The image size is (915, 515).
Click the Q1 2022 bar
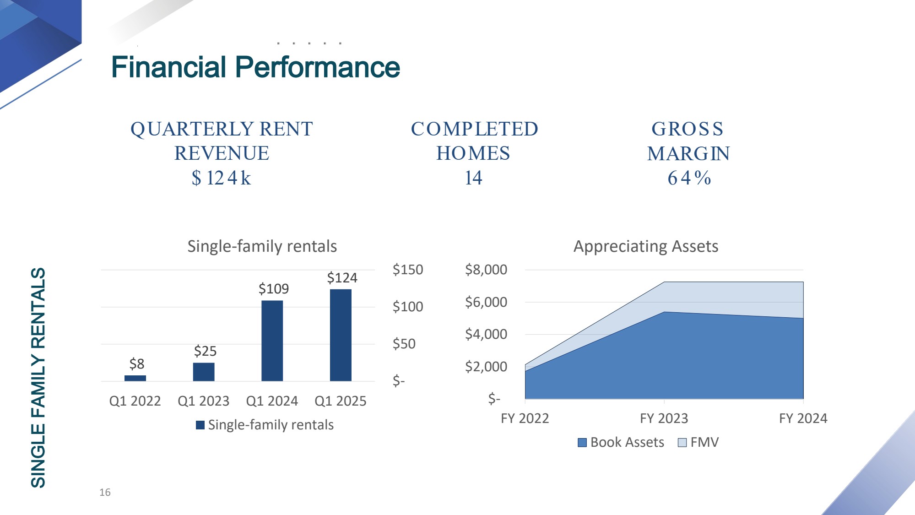pos(135,378)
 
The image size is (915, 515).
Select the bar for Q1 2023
pos(204,372)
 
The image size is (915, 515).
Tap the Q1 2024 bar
pos(272,341)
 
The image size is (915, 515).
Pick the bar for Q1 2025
pos(341,335)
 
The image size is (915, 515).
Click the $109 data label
pos(274,289)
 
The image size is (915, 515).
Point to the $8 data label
pos(137,364)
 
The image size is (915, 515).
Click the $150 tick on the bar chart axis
pos(408,270)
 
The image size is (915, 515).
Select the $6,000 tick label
pos(486,302)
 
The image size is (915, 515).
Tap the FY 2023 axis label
pos(664,418)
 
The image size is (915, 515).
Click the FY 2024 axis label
pos(803,418)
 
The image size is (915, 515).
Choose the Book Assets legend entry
pos(621,442)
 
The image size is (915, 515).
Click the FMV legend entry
pos(698,442)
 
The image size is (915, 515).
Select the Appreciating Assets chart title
pos(646,246)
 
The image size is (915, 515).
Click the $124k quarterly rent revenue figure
pos(222,178)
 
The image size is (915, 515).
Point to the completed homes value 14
pos(473,178)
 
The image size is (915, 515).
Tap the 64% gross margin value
pos(689,178)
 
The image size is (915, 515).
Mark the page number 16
pos(105,493)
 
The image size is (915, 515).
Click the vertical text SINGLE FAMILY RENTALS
pos(38,378)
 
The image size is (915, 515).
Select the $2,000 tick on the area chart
pos(486,367)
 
